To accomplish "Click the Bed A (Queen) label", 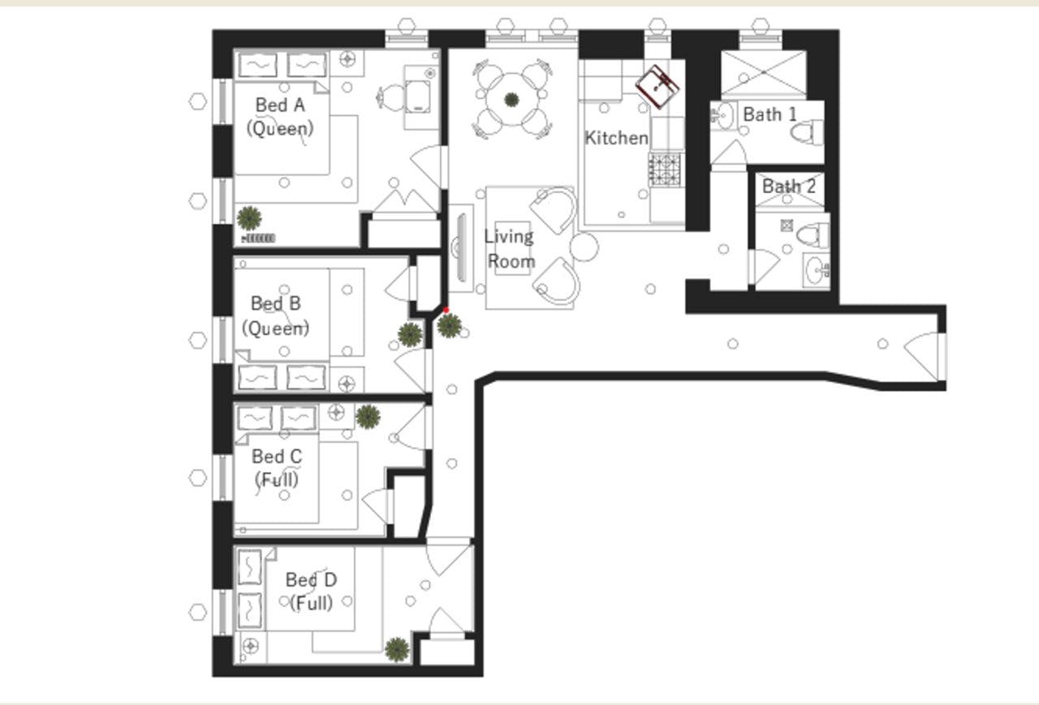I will pos(280,116).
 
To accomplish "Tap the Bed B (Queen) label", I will pos(276,316).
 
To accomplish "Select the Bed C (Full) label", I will pos(277,468).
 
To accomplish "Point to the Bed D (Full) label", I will pos(311,591).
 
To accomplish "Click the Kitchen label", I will pos(617,138).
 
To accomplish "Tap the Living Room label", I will pos(510,248).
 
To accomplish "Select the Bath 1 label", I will pos(770,114).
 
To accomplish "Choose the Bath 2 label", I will pos(788,187).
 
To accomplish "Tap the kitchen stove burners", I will pos(666,168).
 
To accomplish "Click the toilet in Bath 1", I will pos(808,131).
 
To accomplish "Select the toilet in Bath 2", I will pos(813,235).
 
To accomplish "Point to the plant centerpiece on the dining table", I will pos(511,100).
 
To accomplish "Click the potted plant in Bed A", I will pos(249,217).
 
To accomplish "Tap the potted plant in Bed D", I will pos(396,648).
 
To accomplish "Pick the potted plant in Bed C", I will pos(368,416).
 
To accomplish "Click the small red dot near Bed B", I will pos(446,310).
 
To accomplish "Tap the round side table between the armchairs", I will pos(584,246).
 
